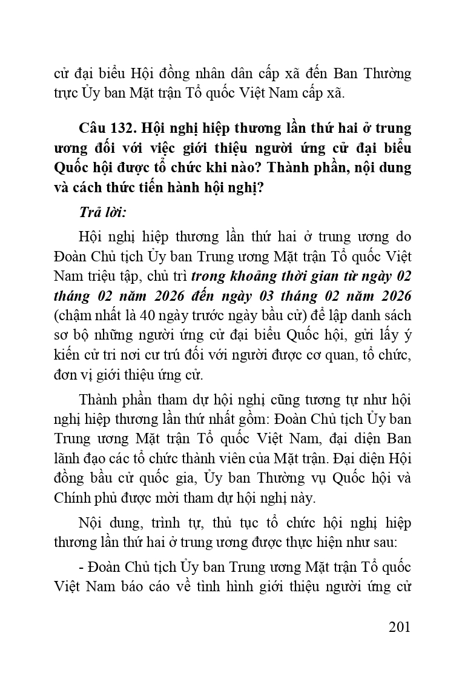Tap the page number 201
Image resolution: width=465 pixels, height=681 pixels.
pos(400,626)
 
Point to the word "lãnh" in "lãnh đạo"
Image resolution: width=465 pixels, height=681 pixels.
pos(65,459)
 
